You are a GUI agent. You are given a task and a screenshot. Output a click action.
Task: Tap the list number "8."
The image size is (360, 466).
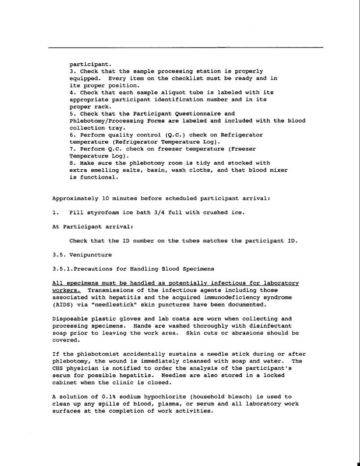[x=73, y=163]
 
